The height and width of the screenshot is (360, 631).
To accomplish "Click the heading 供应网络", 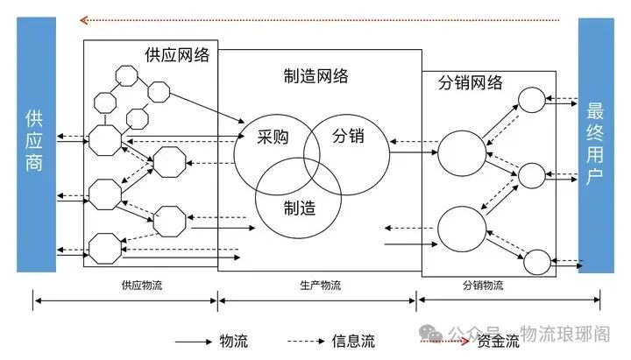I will [177, 54].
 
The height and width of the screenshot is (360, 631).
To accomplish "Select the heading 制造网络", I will [316, 76].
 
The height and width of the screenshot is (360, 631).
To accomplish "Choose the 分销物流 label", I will [482, 286].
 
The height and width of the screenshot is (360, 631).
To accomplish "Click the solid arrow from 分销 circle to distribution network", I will [413, 153].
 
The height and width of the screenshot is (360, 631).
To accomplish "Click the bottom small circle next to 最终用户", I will [536, 260].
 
